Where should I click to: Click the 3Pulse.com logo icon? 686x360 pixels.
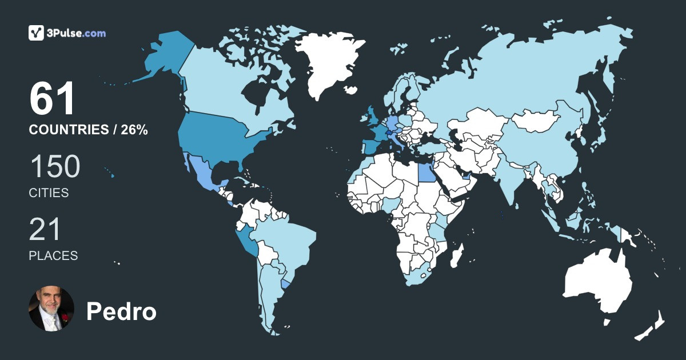coord(36,33)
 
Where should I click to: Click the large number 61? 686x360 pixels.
coord(53,99)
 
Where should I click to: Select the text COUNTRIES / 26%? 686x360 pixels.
coord(89,130)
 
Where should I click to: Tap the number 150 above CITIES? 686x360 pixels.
coord(55,167)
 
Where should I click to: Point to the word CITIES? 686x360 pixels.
coord(49,193)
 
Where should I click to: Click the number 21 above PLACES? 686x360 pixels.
coord(45,230)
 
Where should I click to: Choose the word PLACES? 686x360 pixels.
coord(53,256)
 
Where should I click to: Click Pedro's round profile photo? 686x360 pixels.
coord(51,309)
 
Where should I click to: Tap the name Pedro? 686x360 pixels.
coord(121,311)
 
